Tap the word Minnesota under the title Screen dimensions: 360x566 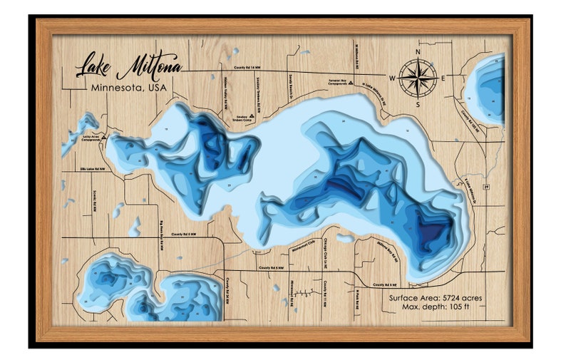115,88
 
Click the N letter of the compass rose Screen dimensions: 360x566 419,52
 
